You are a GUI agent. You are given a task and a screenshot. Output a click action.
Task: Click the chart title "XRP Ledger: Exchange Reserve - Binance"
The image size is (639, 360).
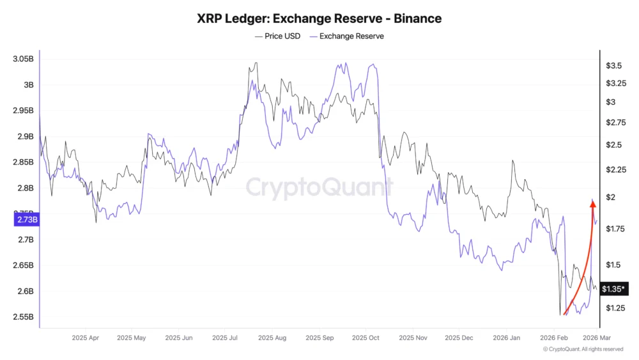click(x=319, y=19)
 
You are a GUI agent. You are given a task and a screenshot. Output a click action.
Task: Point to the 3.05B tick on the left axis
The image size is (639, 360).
click(x=23, y=59)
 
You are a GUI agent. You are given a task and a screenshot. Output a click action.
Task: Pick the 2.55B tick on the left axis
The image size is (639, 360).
click(x=23, y=317)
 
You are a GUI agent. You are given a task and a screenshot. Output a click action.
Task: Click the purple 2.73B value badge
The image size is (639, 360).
click(x=26, y=220)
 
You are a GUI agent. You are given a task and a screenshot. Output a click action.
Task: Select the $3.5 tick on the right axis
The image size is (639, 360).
click(x=614, y=66)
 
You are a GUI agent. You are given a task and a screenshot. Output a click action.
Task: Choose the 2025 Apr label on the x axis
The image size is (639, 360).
click(x=85, y=338)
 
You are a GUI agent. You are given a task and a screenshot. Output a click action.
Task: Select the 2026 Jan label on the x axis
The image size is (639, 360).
click(x=507, y=338)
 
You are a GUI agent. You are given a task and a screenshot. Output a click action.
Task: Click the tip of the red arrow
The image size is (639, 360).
click(x=592, y=200)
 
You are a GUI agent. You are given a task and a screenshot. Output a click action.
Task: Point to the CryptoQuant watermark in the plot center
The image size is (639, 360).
click(x=319, y=188)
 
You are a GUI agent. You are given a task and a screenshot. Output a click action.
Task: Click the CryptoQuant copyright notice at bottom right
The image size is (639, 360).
click(x=583, y=349)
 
